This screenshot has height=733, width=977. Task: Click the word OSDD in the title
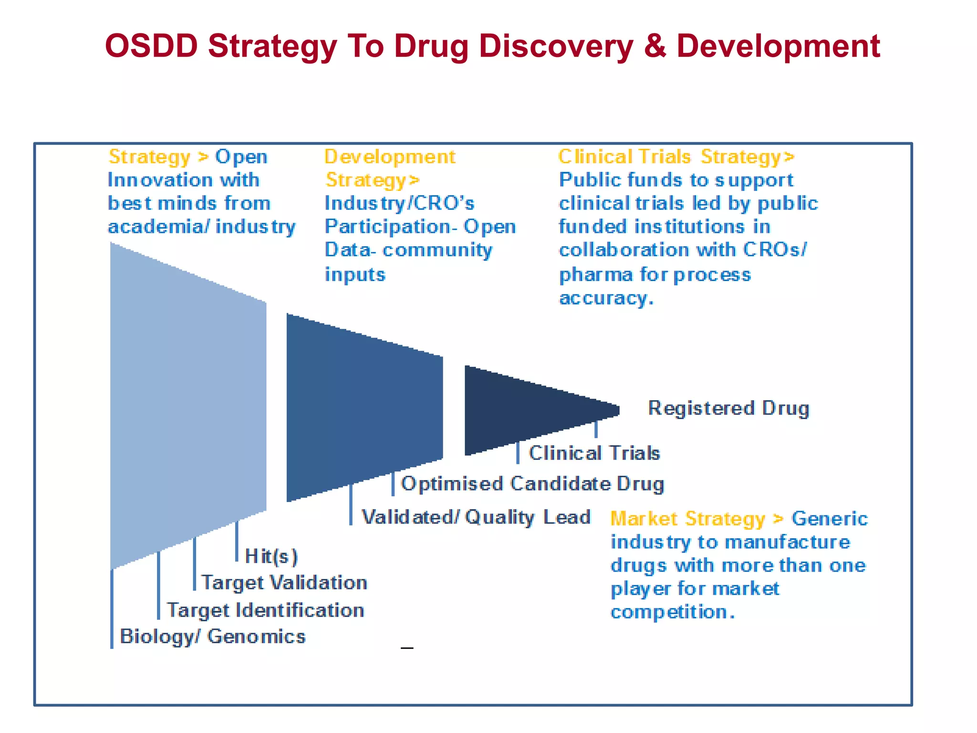click(x=151, y=46)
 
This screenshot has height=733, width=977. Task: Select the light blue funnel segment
click(x=188, y=406)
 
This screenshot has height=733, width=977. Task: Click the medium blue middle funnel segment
click(x=364, y=407)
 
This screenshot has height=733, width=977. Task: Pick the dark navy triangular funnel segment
click(x=525, y=410)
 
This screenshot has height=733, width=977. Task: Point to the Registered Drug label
click(x=728, y=408)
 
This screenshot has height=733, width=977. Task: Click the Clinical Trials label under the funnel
click(x=594, y=453)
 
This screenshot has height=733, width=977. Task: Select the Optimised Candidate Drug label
click(x=532, y=484)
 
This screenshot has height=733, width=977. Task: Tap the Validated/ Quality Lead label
click(x=476, y=517)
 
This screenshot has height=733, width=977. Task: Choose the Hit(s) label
click(x=271, y=556)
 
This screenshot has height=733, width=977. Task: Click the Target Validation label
click(x=284, y=583)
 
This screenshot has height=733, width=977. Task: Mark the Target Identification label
click(x=265, y=610)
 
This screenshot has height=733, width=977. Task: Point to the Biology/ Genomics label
click(x=213, y=637)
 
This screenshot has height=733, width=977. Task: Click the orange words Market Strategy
click(x=688, y=519)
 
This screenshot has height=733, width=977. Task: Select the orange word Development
click(x=390, y=157)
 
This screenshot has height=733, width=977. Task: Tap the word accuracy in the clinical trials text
click(x=606, y=298)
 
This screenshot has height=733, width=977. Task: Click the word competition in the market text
click(x=672, y=612)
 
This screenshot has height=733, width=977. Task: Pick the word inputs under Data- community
click(x=355, y=275)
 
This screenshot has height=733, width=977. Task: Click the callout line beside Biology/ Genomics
click(x=112, y=611)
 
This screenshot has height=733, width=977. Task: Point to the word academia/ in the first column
click(x=158, y=227)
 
